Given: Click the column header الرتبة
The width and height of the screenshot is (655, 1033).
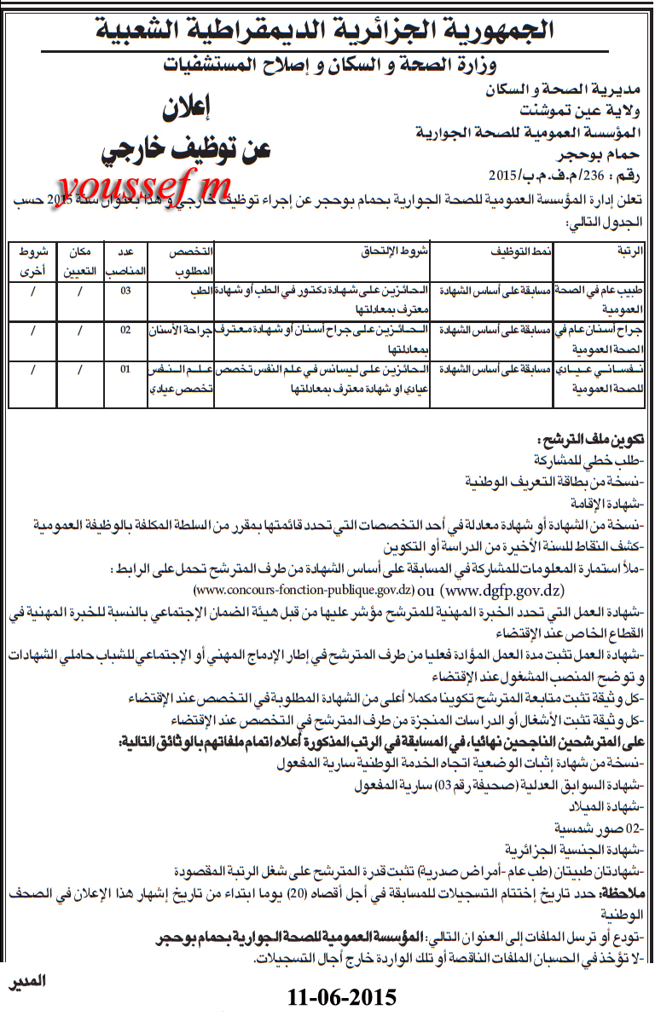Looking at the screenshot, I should [x=627, y=253].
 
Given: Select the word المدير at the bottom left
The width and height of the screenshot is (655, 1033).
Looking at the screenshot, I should [x=26, y=981].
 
